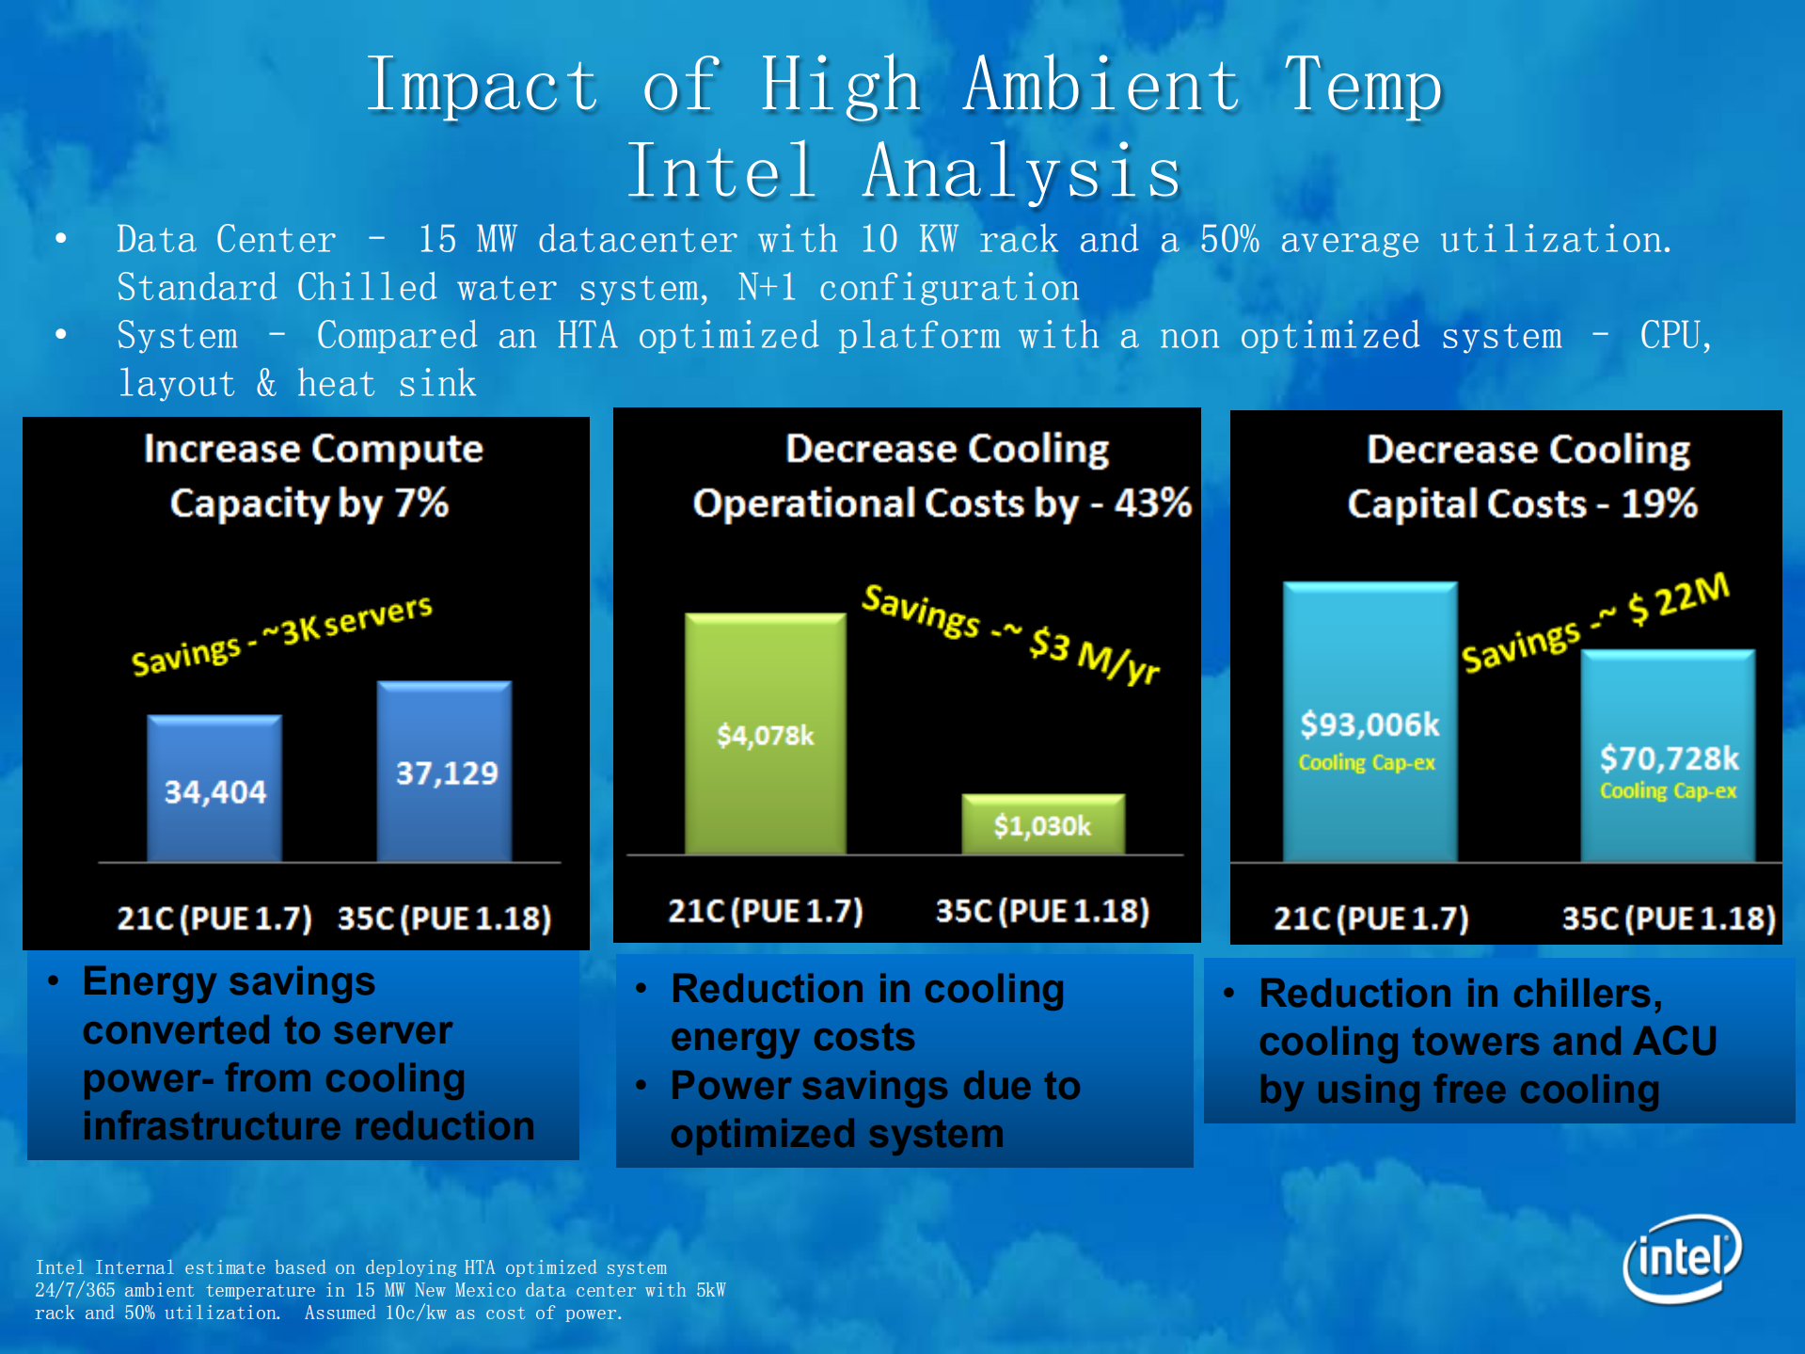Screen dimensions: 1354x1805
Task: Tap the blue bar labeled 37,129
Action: point(445,772)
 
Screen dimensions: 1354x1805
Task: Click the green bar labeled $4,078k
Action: point(765,734)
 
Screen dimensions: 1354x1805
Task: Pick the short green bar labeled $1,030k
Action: point(1042,825)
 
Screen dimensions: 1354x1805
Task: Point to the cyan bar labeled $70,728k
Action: point(1668,757)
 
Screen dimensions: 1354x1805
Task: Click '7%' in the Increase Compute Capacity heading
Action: point(420,503)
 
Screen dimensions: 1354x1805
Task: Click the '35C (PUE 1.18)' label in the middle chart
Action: point(1042,911)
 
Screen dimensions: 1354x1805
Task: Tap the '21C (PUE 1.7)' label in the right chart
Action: point(1370,917)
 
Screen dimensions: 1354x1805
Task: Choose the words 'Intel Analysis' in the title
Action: point(904,172)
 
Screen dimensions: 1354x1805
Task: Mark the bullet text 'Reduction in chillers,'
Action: point(1461,994)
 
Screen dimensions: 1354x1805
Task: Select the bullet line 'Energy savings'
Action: point(229,981)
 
